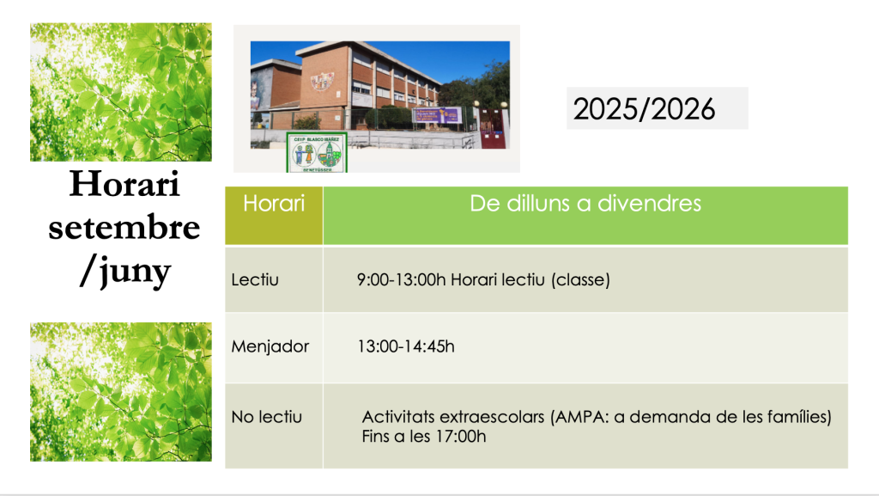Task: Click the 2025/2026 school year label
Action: pos(644,108)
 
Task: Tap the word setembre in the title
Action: pos(124,227)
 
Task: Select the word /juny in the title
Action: pos(124,272)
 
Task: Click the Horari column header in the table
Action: pos(274,203)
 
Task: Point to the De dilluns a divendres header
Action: pos(585,203)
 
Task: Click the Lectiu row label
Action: pos(255,279)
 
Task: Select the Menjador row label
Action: pos(270,346)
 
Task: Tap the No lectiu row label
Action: pos(267,417)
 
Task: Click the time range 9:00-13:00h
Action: pos(402,279)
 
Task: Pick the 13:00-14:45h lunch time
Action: pos(406,346)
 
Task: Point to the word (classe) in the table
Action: pos(580,279)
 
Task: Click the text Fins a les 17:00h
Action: pos(424,436)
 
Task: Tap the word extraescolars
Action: pos(492,417)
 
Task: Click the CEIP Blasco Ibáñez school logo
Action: pos(317,153)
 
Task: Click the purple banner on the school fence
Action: pos(437,115)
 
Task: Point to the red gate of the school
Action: pos(492,128)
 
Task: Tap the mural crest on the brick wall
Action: pos(323,82)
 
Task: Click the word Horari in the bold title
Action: pos(124,183)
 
